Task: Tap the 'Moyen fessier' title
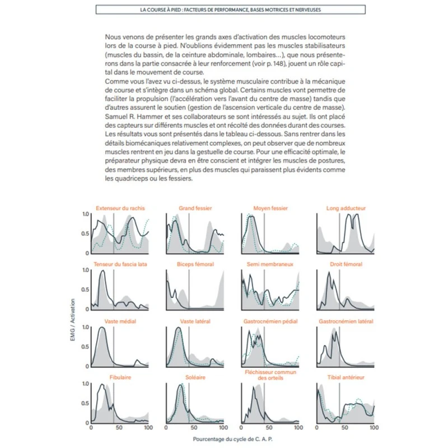(270, 208)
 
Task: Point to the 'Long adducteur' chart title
(346, 208)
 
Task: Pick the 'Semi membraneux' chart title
(270, 264)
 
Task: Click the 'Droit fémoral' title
(346, 264)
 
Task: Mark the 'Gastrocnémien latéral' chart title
(346, 321)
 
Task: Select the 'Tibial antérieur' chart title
(346, 377)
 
